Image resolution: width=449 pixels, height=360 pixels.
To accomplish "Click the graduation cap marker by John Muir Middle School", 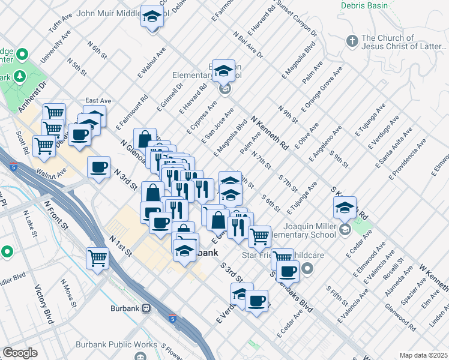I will point(152,16).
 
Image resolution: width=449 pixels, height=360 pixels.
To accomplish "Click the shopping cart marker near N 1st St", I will point(97,259).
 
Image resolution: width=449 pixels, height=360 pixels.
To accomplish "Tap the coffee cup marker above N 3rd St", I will point(98,167).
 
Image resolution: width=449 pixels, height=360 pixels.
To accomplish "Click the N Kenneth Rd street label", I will point(270,133).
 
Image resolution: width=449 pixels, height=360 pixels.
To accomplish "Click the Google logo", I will point(20,353).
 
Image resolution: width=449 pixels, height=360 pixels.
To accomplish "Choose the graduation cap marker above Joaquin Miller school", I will point(345,208).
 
